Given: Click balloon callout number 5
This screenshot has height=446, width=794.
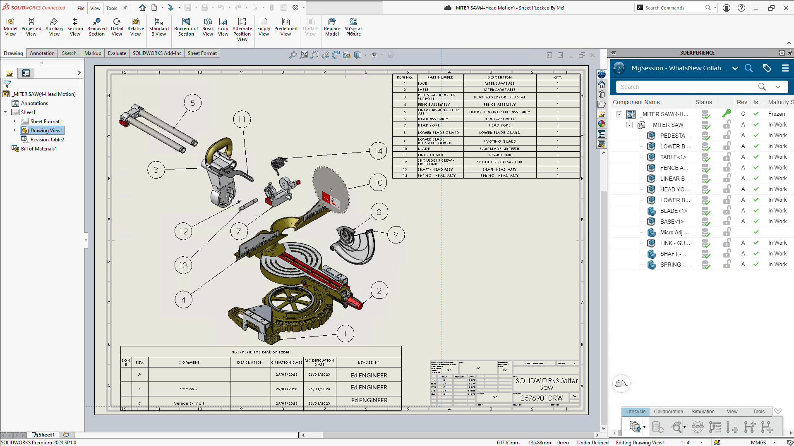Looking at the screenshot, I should point(192,103).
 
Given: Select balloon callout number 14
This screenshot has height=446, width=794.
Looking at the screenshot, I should point(378,151).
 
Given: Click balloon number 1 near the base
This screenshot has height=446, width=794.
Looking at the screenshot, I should point(345,334).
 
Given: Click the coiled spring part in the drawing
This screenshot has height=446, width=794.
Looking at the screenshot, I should point(279,164).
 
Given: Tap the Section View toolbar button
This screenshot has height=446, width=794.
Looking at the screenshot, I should point(75,27).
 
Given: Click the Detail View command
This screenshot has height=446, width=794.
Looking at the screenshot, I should point(117,27).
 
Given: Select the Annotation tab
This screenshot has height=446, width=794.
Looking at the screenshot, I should point(42,53).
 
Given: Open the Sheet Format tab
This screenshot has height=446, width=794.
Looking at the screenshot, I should point(202,53).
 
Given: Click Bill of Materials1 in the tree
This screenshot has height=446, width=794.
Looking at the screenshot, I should point(39,149).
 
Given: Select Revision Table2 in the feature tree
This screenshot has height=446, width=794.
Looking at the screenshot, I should point(47,140).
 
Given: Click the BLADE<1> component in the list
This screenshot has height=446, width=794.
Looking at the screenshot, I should point(673,211).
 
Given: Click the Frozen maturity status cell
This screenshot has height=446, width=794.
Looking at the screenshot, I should point(776,114).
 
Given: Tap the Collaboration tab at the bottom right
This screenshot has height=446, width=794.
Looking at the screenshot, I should point(668,412).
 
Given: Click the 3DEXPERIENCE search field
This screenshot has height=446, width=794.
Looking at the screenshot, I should point(687,87).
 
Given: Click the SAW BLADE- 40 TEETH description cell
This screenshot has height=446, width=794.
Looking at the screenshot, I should point(499,149).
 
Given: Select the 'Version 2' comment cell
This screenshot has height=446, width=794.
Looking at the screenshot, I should point(189,389).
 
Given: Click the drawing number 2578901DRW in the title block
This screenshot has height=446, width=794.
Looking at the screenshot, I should point(541,398).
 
